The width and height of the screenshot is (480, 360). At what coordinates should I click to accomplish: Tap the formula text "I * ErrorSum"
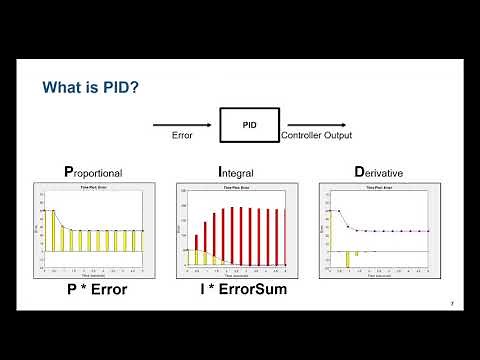239,294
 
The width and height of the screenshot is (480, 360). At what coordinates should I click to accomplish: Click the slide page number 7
451,304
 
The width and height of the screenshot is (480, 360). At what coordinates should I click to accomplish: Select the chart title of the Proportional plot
97,187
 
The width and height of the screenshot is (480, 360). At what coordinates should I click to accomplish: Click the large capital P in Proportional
68,172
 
